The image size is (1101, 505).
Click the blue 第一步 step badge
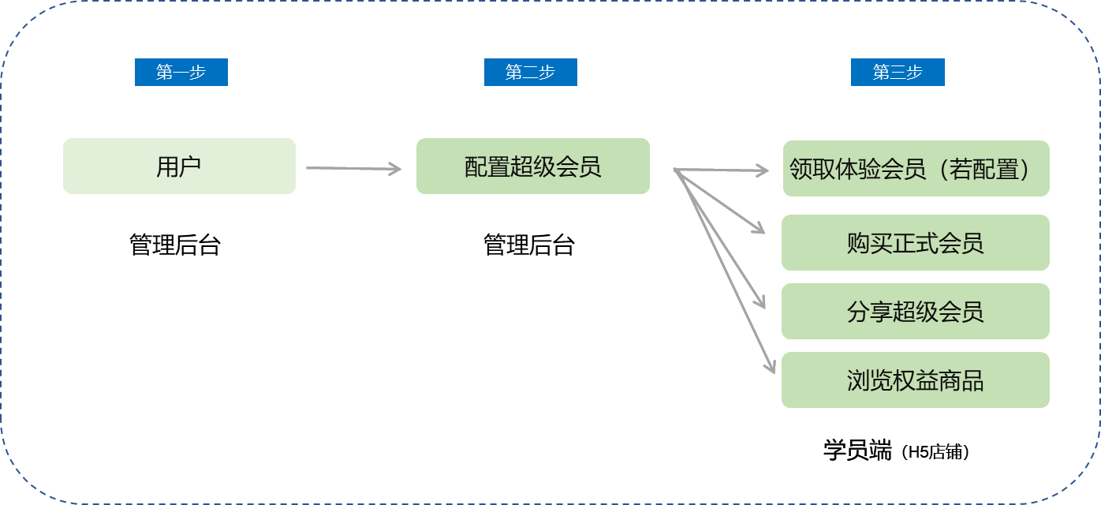point(181,73)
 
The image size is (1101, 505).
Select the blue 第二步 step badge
point(530,73)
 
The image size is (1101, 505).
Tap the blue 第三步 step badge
point(898,73)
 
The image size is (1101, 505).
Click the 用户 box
point(179,166)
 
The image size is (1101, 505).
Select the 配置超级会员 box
point(532,166)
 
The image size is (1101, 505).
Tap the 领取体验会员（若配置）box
point(916,169)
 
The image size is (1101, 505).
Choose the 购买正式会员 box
point(915,243)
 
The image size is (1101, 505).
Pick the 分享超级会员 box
point(915,312)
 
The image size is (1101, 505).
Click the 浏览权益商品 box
point(915,380)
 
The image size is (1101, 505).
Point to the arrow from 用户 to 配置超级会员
point(353,168)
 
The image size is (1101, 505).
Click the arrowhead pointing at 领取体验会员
point(762,170)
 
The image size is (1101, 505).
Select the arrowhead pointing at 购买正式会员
point(760,229)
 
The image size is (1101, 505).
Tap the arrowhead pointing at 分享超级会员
point(760,302)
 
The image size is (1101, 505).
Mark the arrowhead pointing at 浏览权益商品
point(771,367)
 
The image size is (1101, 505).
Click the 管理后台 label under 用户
point(175,245)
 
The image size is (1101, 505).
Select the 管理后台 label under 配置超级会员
point(529,245)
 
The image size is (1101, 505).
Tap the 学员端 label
point(857,451)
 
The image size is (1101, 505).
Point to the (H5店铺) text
point(936,453)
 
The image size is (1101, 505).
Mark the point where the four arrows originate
point(675,169)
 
